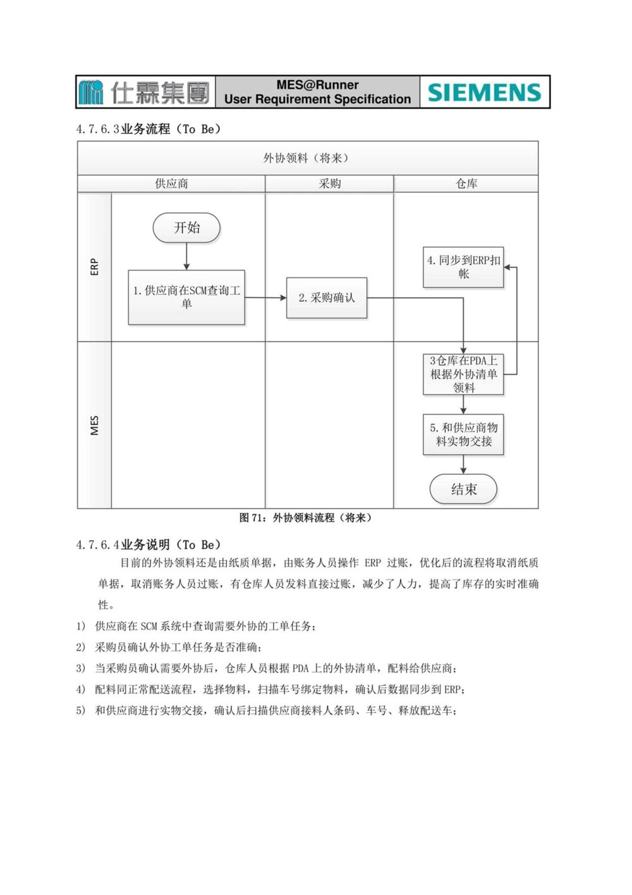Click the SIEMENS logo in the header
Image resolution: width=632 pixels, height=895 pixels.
coord(485,92)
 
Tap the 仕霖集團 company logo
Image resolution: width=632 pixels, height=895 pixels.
coord(145,92)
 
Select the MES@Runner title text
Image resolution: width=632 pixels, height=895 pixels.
coord(317,85)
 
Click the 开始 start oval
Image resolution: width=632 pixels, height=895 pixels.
coord(186,228)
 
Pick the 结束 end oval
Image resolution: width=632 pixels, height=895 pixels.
coord(463,489)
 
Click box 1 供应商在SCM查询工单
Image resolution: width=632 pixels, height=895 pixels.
coord(186,297)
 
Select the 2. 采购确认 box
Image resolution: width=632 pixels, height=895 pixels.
coord(327,297)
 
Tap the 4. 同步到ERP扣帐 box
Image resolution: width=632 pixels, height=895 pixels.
coord(463,267)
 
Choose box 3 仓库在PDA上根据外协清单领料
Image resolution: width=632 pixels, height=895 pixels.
coord(463,374)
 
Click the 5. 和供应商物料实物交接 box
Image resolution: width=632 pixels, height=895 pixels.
coord(463,435)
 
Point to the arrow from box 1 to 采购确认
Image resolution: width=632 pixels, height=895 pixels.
coord(265,297)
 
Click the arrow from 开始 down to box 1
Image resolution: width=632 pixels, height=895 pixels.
coord(186,257)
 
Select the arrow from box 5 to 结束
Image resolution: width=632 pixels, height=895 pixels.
coord(463,465)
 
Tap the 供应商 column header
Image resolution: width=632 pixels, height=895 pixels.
coord(171,183)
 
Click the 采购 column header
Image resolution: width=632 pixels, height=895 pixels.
coord(329,183)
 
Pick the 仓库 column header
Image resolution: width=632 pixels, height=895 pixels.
coord(466,183)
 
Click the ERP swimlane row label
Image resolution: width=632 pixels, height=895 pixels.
coord(94,266)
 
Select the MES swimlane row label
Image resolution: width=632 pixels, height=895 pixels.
coord(94,425)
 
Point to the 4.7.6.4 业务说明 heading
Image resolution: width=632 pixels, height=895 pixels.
coord(149,545)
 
